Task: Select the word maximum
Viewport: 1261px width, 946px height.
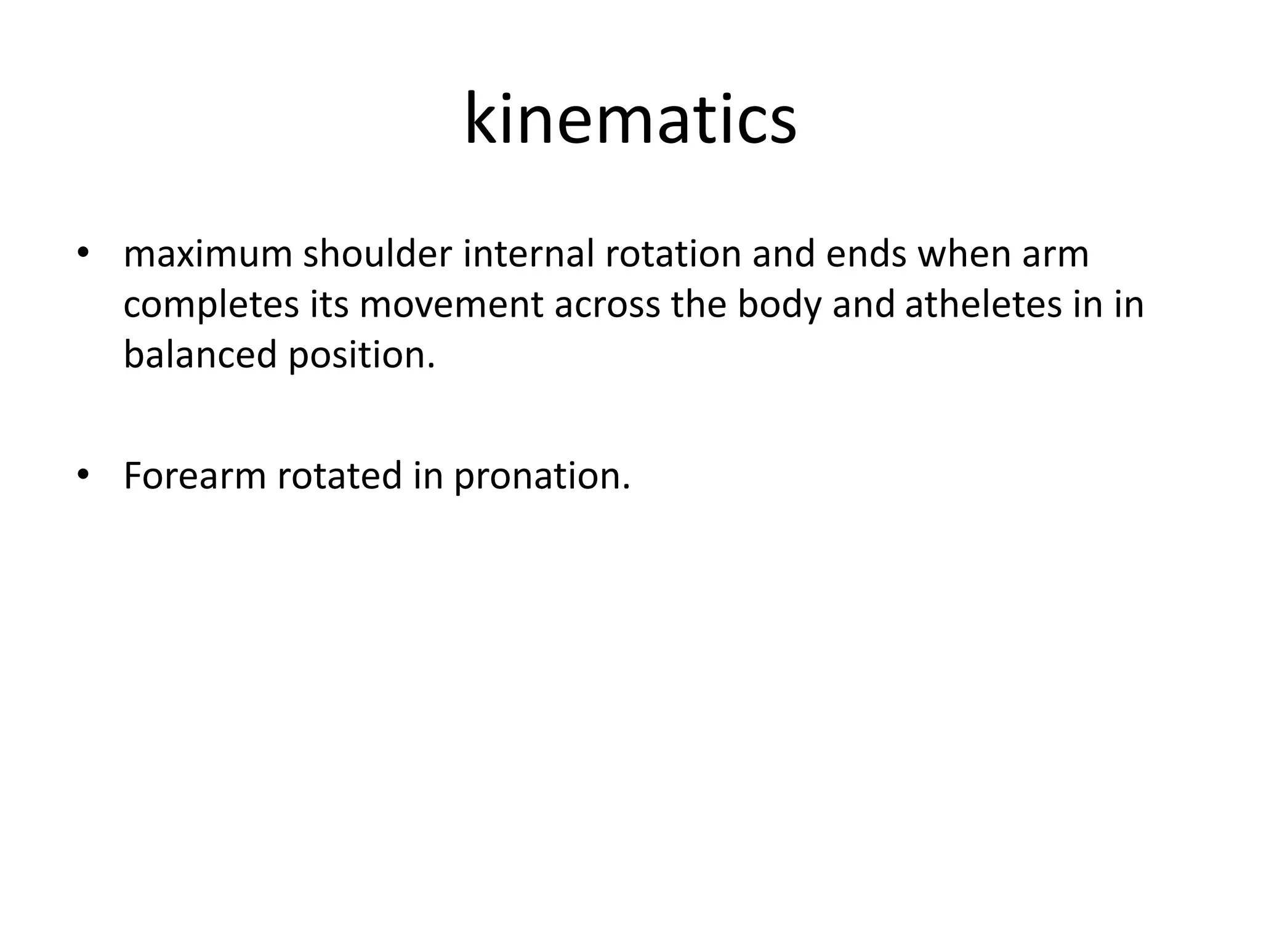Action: pyautogui.click(x=207, y=254)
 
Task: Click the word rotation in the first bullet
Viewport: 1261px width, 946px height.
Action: pyautogui.click(x=673, y=254)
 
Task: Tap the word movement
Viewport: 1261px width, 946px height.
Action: pyautogui.click(x=451, y=305)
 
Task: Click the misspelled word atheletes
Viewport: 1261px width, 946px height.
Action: pyautogui.click(x=983, y=305)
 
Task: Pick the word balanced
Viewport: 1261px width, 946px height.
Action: pyautogui.click(x=200, y=355)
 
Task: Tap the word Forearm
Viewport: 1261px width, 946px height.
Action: pyautogui.click(x=195, y=476)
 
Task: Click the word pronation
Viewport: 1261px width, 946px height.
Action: pyautogui.click(x=542, y=476)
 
